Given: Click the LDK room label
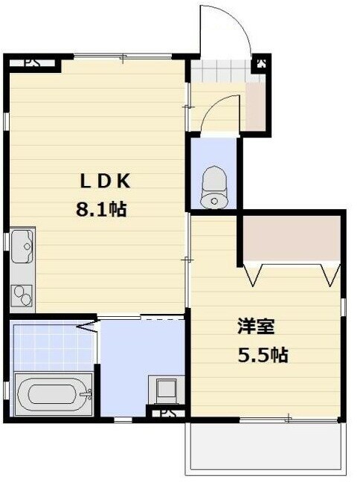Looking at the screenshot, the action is (x=105, y=181).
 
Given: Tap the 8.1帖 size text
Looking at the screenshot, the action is (x=101, y=210).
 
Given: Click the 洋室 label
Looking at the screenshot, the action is (x=256, y=327).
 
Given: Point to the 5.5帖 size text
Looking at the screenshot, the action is (x=263, y=355).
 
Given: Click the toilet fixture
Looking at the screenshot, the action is (x=214, y=187).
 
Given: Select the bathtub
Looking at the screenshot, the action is (x=54, y=394).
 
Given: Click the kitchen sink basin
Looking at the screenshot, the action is (x=22, y=246).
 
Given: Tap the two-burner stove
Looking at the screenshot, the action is (x=22, y=295).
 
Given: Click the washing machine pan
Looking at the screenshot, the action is (x=167, y=390).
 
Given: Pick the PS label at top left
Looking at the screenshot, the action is (x=33, y=62).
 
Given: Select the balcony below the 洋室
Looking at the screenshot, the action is (x=266, y=447).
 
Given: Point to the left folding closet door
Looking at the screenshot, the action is (x=254, y=274).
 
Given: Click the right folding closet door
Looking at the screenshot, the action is (x=330, y=274).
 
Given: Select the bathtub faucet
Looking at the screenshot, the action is (x=86, y=394).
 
